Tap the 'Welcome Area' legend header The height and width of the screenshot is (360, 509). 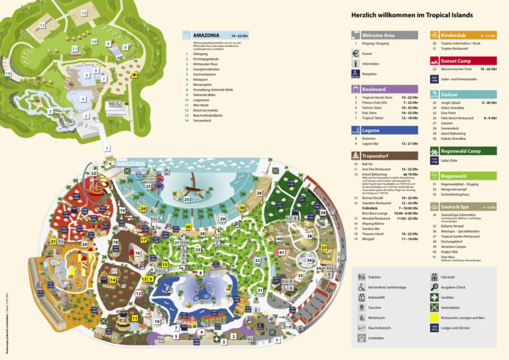click(384, 35)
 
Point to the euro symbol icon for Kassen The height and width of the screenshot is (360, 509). click(356, 54)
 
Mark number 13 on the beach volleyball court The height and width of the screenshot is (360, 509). click(42, 25)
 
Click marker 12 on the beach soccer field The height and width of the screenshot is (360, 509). click(84, 13)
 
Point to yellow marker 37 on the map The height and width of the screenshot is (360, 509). click(324, 248)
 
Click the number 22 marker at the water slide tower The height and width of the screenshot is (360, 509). click(94, 174)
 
